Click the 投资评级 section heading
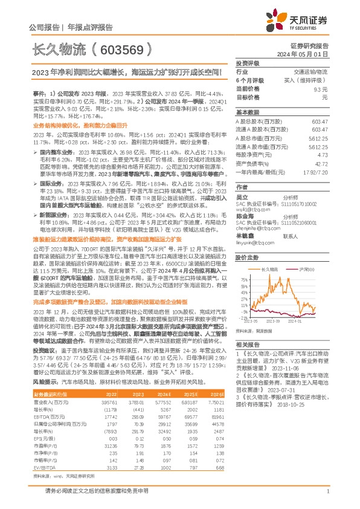(247, 63)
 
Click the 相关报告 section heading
(247, 343)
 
